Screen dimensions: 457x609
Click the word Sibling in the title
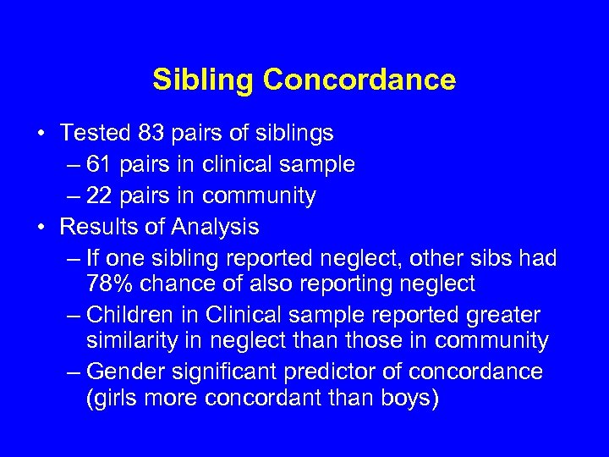(204, 80)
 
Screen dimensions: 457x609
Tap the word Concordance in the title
(359, 80)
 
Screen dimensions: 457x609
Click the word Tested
(94, 133)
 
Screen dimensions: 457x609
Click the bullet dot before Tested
(41, 134)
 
